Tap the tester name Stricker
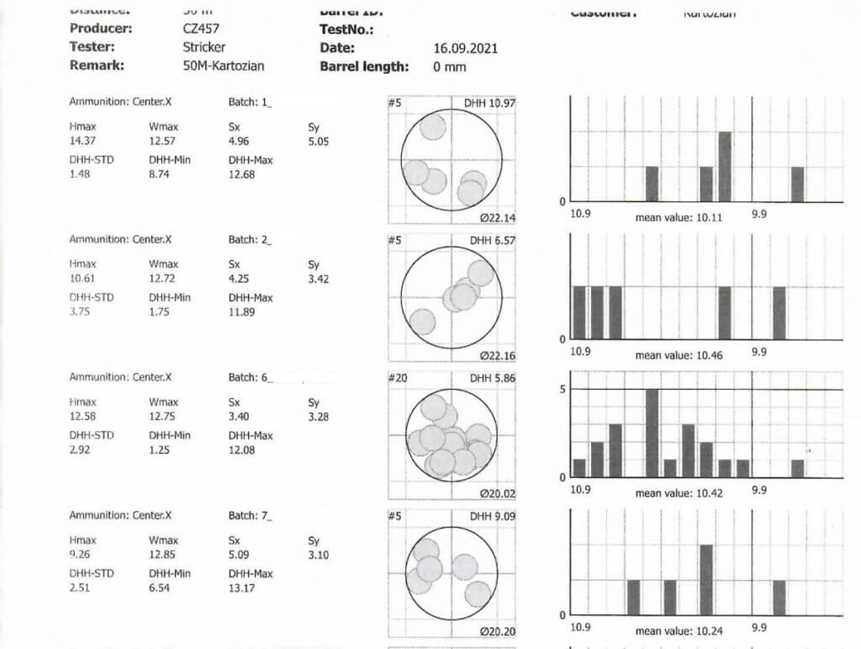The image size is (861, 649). [204, 47]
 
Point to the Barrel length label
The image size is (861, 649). [364, 66]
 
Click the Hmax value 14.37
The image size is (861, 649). [83, 141]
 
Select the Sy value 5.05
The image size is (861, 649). [318, 141]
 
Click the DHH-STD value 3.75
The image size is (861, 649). [81, 311]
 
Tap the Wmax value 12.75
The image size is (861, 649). [163, 418]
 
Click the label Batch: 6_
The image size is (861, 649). [250, 377]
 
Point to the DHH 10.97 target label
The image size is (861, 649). [489, 103]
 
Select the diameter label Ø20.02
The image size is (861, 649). [497, 494]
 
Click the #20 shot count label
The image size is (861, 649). [398, 379]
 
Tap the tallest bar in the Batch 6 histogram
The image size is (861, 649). [652, 433]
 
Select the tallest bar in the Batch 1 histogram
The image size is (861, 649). [725, 167]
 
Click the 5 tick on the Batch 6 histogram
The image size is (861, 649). [563, 389]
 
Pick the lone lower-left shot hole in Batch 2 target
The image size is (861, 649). [422, 322]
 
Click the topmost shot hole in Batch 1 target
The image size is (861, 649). [432, 127]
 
